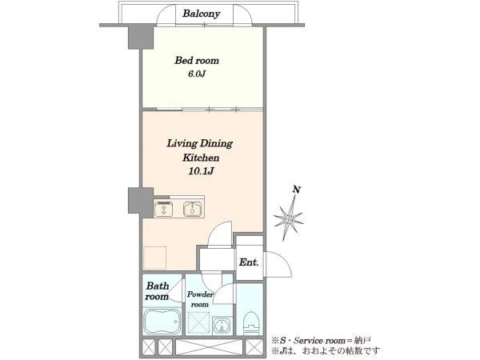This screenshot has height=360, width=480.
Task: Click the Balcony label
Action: (x=201, y=14)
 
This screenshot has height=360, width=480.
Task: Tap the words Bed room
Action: (x=197, y=60)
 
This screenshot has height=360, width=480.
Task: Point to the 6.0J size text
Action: (x=197, y=74)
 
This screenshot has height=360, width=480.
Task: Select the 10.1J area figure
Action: (x=201, y=171)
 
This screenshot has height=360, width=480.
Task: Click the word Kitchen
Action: (x=201, y=158)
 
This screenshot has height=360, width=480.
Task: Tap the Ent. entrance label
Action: (x=249, y=262)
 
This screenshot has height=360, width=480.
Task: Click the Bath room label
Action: (x=157, y=291)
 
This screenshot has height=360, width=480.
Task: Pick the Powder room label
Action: (x=200, y=299)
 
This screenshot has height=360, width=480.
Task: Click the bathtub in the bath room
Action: (x=162, y=322)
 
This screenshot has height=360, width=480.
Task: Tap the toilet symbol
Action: (x=251, y=323)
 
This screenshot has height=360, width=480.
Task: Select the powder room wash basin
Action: (x=222, y=326)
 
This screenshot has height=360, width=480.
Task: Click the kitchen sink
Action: (x=192, y=210)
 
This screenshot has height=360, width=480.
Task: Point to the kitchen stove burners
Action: (x=163, y=210)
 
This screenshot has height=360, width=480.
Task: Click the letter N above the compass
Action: (x=296, y=190)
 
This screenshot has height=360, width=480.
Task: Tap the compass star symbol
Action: (x=288, y=218)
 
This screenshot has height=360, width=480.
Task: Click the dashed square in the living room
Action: (x=155, y=258)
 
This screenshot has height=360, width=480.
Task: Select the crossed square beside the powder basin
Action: (x=198, y=322)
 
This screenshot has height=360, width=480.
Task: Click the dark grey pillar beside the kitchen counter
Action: (x=141, y=201)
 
